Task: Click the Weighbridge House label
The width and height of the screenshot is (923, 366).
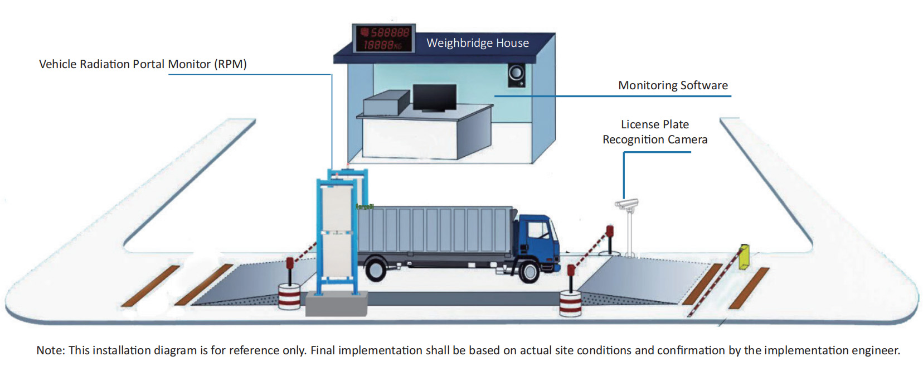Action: pyautogui.click(x=477, y=43)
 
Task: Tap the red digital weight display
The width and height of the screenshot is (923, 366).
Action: pyautogui.click(x=384, y=38)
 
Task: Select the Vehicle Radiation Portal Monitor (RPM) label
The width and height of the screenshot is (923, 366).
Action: pyautogui.click(x=143, y=64)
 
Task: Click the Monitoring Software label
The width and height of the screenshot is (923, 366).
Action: pyautogui.click(x=673, y=85)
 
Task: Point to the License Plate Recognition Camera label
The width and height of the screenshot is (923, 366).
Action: pyautogui.click(x=655, y=132)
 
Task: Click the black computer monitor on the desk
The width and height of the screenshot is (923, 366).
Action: pyautogui.click(x=434, y=98)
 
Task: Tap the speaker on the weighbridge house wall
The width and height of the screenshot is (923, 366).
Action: pyautogui.click(x=516, y=74)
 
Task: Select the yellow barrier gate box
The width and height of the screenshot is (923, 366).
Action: pyautogui.click(x=744, y=257)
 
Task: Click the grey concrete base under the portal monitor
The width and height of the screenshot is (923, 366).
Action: pyautogui.click(x=336, y=305)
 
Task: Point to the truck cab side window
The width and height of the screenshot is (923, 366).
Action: pyautogui.click(x=538, y=229)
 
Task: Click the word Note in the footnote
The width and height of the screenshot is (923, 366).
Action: pyautogui.click(x=50, y=350)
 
